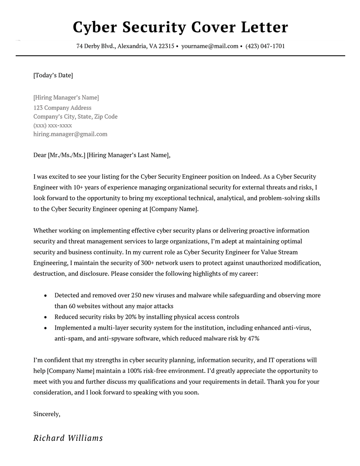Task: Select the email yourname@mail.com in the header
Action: [x=210, y=46]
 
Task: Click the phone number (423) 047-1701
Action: [x=265, y=46]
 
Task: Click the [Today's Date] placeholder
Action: [x=53, y=75]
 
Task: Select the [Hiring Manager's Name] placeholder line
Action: [x=66, y=98]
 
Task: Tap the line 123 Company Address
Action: [x=63, y=108]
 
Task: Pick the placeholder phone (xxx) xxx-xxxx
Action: [x=53, y=125]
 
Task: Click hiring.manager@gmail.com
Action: [x=70, y=134]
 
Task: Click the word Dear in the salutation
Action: [x=40, y=155]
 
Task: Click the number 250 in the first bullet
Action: [x=136, y=295]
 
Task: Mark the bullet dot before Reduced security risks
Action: [x=45, y=317]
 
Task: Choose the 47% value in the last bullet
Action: [x=252, y=338]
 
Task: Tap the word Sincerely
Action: [x=47, y=414]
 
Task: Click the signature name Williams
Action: [x=85, y=438]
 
